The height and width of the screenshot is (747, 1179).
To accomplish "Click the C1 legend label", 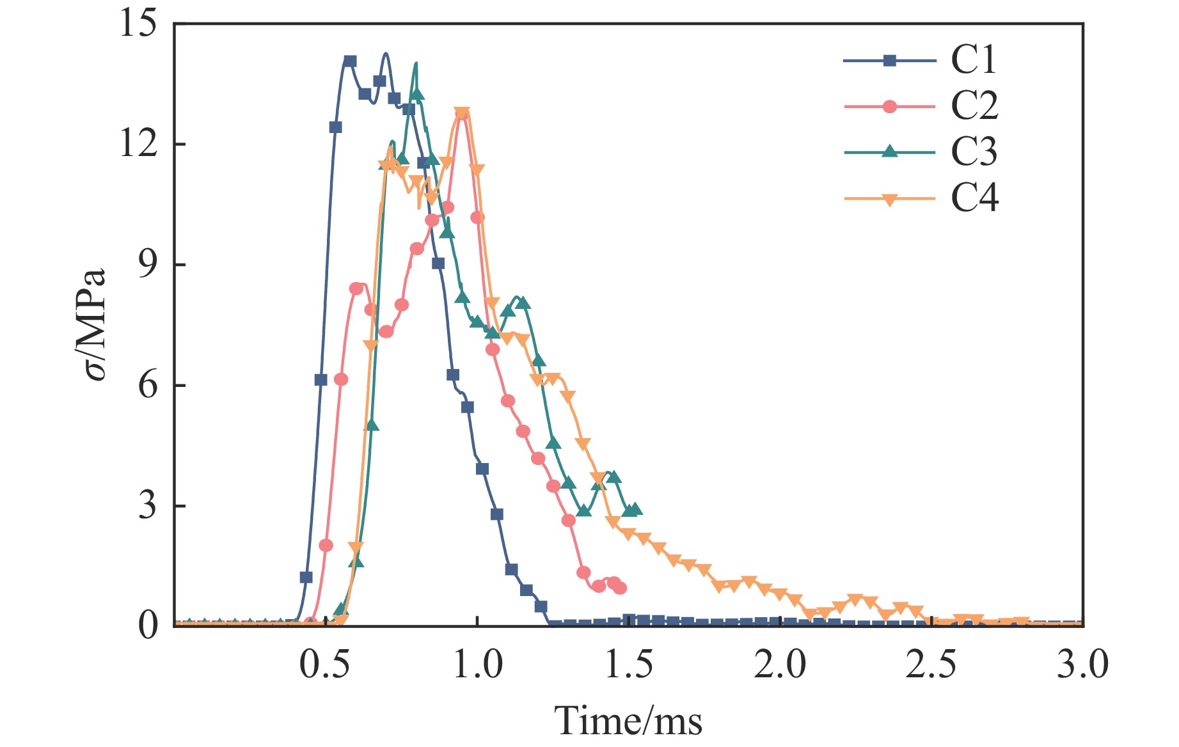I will click(x=974, y=60).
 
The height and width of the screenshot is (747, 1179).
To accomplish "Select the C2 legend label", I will click(x=974, y=106).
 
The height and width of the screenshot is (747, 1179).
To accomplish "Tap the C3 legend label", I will click(x=974, y=152).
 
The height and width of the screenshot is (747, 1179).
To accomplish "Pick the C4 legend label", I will click(x=974, y=198).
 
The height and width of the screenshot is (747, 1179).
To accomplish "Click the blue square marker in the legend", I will click(x=889, y=61).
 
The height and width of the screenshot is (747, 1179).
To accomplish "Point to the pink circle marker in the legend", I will click(x=889, y=106).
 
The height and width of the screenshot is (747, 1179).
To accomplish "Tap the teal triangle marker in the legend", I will click(x=889, y=152).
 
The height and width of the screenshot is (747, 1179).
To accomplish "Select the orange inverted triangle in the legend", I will click(x=889, y=200).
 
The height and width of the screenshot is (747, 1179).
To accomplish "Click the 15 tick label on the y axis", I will click(x=138, y=24).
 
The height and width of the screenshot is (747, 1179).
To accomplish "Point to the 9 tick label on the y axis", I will click(x=148, y=265).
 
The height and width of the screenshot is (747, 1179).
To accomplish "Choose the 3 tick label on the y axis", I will click(x=148, y=506).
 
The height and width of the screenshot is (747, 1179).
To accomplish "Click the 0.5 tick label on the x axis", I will click(x=325, y=665).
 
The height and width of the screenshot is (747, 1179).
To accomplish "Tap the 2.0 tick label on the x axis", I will click(x=780, y=665).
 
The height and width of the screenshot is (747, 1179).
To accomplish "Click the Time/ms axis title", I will click(x=628, y=721).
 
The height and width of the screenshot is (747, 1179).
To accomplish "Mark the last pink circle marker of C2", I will click(x=619, y=588).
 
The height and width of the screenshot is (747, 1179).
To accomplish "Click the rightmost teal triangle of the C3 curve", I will click(x=635, y=509).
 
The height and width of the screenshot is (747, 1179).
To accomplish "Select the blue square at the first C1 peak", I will click(x=350, y=61).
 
